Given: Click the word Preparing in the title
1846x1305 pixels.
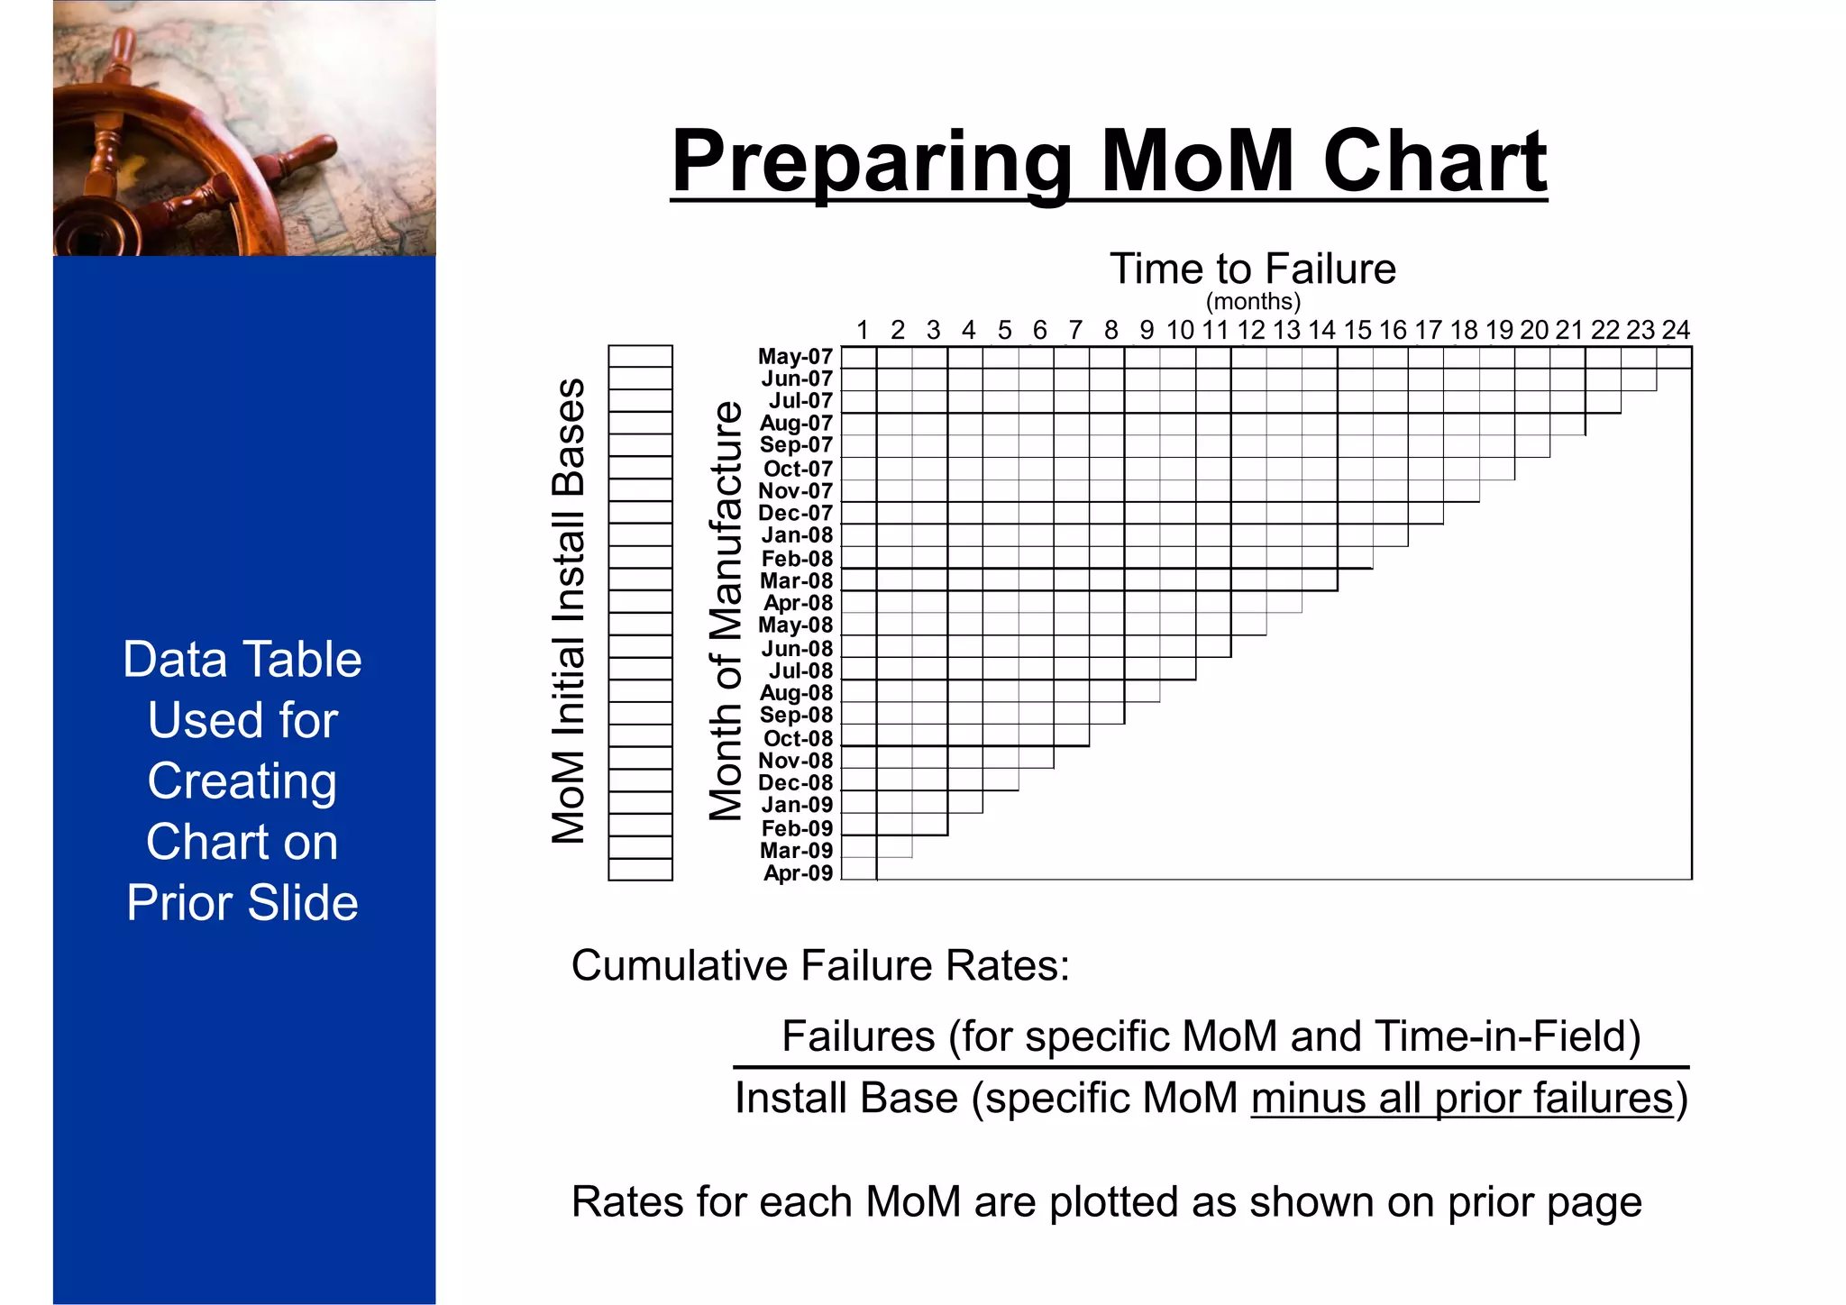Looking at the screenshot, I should (871, 162).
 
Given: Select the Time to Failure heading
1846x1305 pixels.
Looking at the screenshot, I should (1252, 269).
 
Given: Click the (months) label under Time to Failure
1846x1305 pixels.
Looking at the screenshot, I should (1252, 301).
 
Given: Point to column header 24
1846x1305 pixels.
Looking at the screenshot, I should (1675, 330).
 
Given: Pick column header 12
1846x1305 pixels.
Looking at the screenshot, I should (1250, 330).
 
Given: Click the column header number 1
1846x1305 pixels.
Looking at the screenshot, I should (862, 330).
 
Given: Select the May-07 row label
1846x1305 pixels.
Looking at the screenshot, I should (795, 357).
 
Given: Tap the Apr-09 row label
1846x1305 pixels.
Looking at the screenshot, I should (798, 872).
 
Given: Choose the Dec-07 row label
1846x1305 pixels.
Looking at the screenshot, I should (795, 513).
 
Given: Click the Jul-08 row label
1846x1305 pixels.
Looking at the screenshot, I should (800, 671).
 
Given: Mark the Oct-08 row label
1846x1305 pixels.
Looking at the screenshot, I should (798, 738).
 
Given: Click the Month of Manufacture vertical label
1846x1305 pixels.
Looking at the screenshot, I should (726, 611).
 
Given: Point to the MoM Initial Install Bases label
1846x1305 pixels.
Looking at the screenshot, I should (569, 611).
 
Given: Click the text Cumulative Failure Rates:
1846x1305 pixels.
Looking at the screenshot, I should (819, 965).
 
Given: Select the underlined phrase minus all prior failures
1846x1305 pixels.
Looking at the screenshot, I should (1461, 1098).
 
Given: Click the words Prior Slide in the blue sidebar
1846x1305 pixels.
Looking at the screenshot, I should (242, 902).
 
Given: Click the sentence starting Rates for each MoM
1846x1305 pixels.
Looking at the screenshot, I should (1106, 1201).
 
